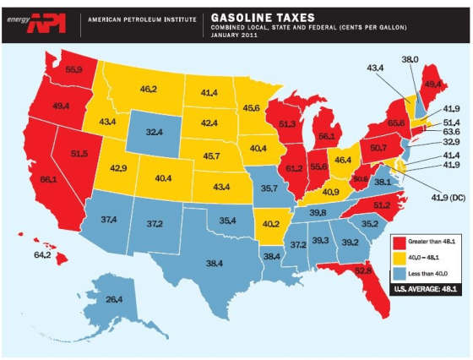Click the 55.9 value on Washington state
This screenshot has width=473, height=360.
click(x=73, y=68)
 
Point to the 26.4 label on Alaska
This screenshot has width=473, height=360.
click(x=113, y=299)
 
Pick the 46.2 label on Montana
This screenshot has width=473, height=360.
click(x=149, y=88)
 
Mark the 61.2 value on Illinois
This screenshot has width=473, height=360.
click(x=295, y=168)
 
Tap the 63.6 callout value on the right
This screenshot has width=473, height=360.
click(x=451, y=132)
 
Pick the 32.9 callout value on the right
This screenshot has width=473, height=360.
click(x=451, y=144)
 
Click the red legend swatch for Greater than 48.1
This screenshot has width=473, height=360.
click(x=399, y=243)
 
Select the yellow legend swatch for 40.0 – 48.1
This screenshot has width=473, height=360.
click(x=399, y=258)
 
